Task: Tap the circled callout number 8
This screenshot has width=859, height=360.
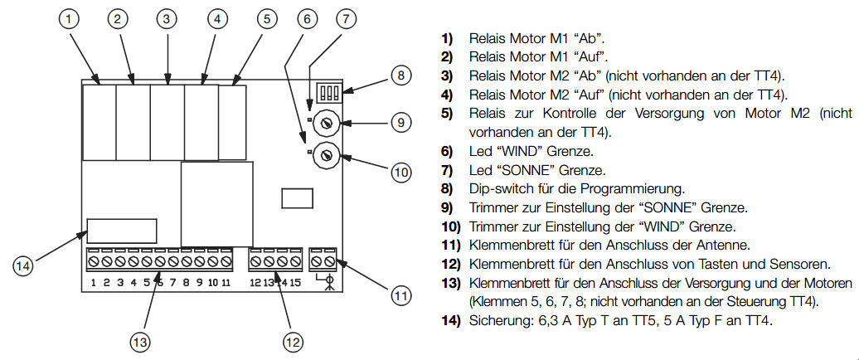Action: pos(400,75)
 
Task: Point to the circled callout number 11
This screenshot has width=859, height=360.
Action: pos(400,294)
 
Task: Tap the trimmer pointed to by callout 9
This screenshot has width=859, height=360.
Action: pos(327,122)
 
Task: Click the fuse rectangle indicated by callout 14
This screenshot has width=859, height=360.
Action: pos(122,231)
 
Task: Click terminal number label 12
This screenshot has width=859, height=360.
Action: pos(255,283)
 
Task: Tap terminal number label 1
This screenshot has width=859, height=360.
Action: pos(95,283)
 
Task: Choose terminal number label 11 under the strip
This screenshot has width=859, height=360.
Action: pos(226,283)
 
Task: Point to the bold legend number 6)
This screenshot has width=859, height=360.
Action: pos(447,151)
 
